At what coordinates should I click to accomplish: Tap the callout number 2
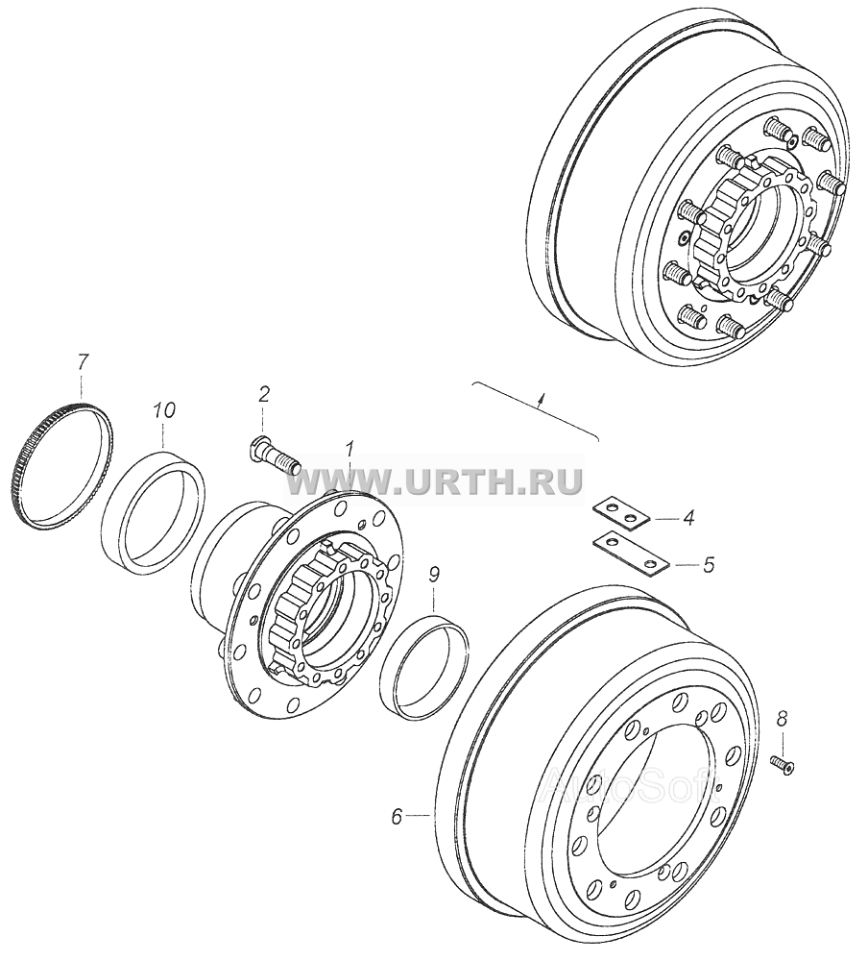(263, 394)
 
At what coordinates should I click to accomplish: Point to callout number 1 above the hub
(349, 451)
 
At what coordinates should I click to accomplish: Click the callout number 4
(687, 519)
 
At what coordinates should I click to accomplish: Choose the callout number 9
(434, 575)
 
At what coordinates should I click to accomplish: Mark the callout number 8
(780, 719)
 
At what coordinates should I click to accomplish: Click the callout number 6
(397, 816)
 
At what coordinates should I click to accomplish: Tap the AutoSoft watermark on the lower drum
(632, 784)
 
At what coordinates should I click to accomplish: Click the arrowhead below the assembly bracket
(540, 402)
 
